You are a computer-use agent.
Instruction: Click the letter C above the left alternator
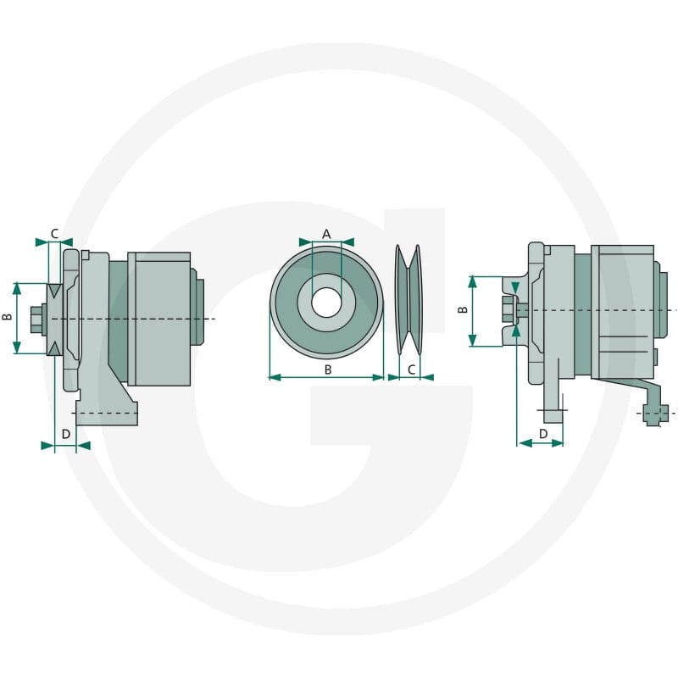pos(54,234)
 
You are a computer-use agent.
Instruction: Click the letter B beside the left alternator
pos(8,317)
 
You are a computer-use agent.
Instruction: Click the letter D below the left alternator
pos(66,434)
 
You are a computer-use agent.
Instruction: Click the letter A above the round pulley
pos(326,235)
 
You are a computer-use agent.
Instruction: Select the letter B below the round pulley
pos(328,370)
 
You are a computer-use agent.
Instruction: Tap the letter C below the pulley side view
pos(412,370)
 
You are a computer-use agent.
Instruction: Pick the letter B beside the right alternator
pos(463,309)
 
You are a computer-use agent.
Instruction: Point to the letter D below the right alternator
pos(543,434)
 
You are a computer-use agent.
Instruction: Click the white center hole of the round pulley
pos(326,303)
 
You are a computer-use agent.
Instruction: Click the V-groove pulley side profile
pos(409,300)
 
